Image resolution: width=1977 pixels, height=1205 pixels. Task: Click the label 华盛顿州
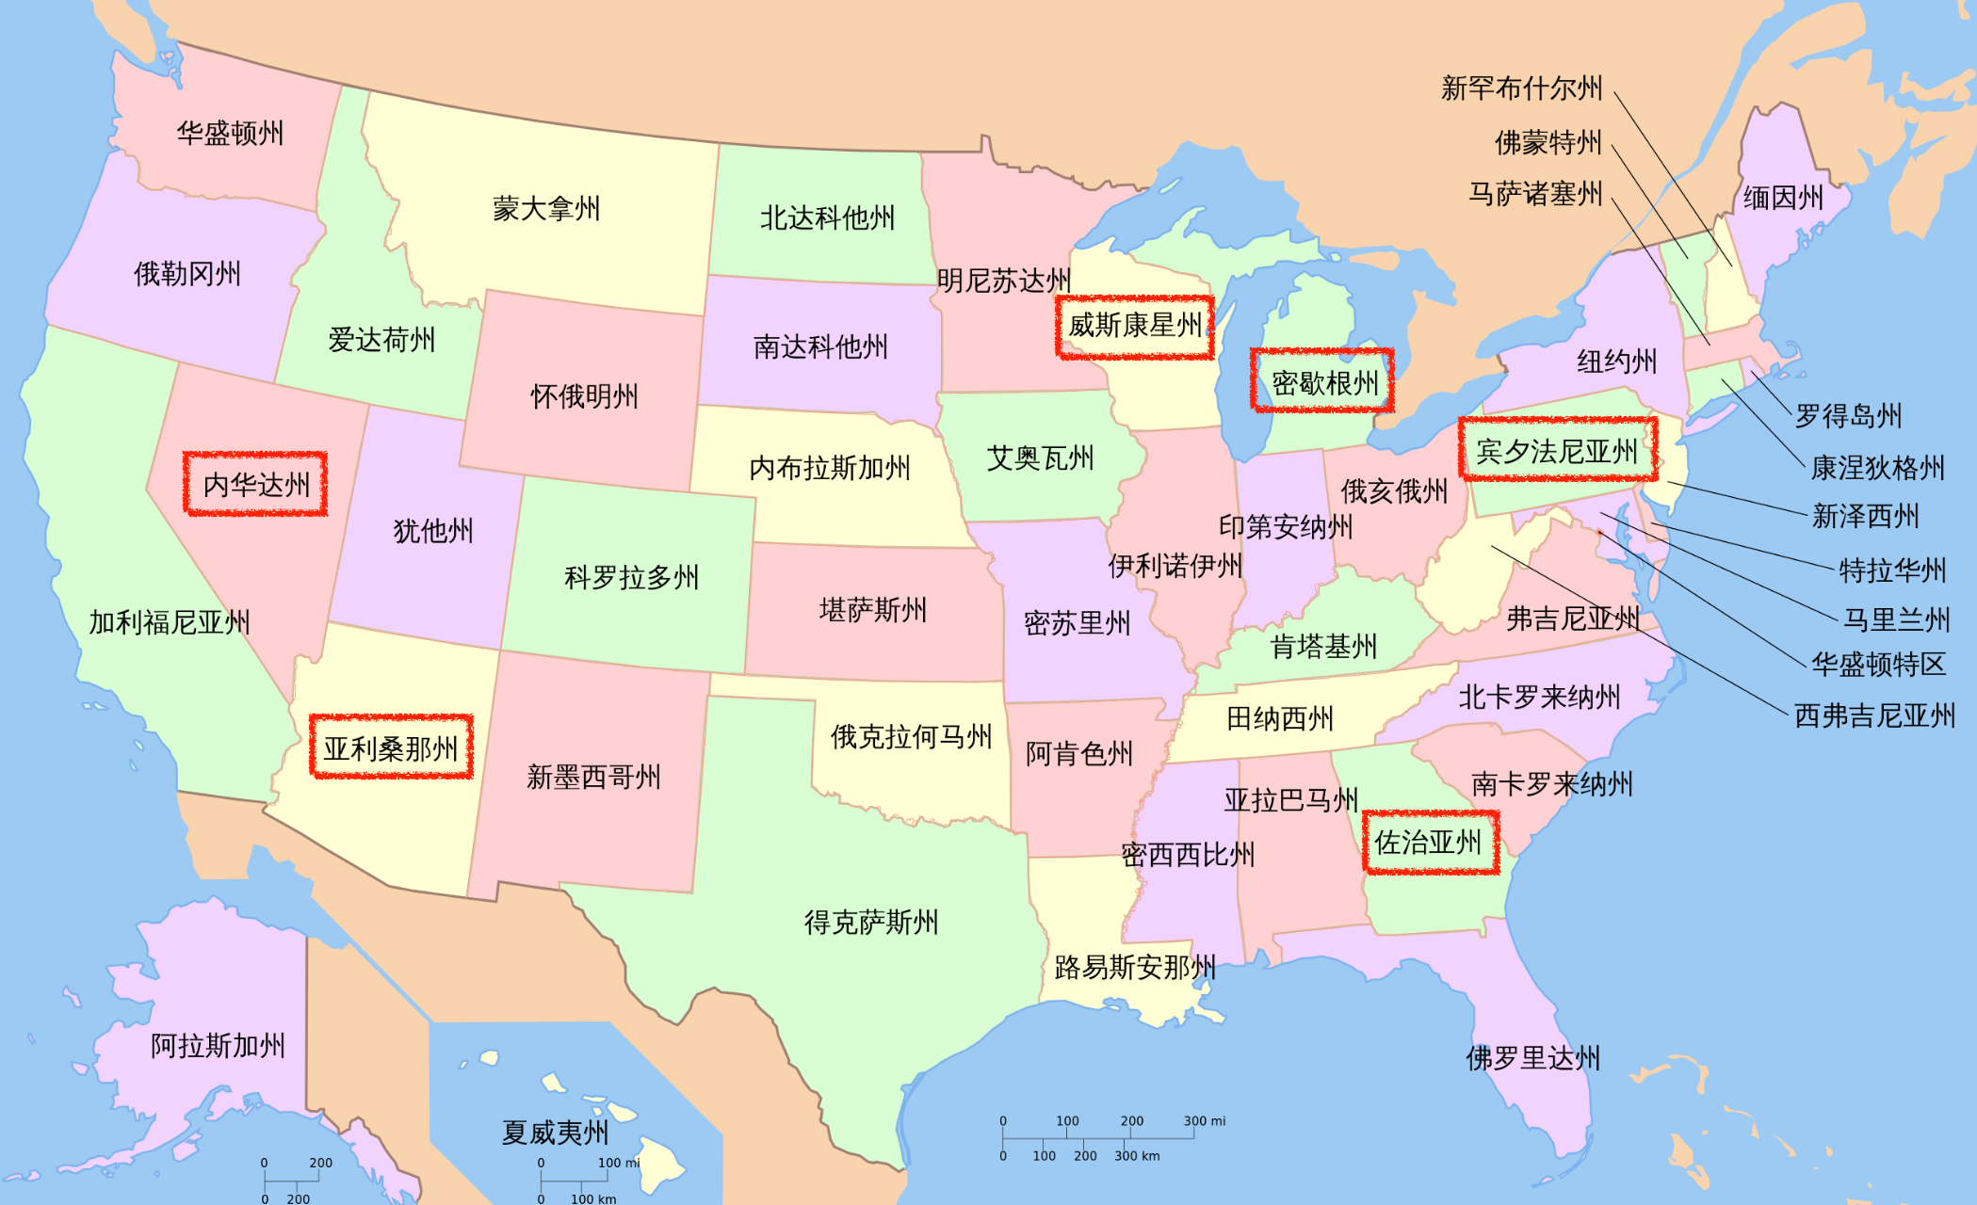tap(230, 134)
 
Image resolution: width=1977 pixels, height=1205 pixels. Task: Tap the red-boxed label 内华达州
tap(256, 485)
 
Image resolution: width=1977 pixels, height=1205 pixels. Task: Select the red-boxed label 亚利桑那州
tap(391, 748)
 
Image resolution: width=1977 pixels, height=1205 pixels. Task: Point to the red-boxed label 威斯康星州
tap(1135, 326)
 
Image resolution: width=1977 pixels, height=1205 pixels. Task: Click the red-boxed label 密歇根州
tap(1324, 383)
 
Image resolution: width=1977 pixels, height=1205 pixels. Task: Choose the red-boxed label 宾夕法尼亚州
tap(1557, 452)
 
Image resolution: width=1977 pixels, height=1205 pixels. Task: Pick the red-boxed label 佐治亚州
tap(1428, 843)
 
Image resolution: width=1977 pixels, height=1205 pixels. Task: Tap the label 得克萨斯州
tap(871, 923)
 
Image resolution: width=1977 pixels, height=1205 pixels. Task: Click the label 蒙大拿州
tap(546, 209)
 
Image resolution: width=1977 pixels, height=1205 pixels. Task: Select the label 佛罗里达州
tap(1532, 1058)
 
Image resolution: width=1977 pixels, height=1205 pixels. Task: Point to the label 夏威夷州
tap(555, 1133)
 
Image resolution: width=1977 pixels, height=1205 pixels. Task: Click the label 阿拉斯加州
tap(218, 1046)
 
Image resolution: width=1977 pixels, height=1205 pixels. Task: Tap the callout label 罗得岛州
tap(1848, 416)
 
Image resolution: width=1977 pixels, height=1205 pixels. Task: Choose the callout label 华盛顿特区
tap(1878, 665)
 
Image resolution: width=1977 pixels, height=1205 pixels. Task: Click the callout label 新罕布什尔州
tap(1521, 88)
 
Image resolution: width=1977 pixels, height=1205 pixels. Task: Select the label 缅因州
tap(1783, 198)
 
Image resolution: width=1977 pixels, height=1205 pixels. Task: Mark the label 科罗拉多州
tap(631, 577)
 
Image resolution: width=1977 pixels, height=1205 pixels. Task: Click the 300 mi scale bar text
tap(1205, 1121)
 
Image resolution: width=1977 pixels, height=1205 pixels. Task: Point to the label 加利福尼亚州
tap(170, 622)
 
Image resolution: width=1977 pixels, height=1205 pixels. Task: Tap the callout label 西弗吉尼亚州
tap(1874, 715)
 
